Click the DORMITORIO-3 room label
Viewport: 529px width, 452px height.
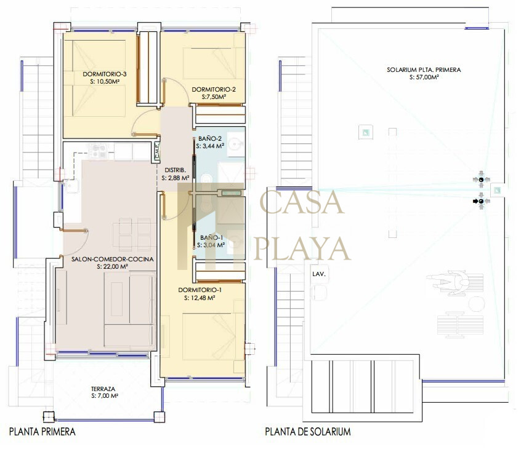tap(105, 74)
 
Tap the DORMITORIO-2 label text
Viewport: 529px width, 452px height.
tap(214, 89)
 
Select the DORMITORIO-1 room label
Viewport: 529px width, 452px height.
tap(200, 290)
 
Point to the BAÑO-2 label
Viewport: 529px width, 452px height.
tap(210, 138)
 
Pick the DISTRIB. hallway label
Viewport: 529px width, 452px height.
tap(175, 170)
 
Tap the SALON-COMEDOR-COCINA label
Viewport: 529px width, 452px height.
tap(112, 259)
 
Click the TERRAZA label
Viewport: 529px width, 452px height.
tap(103, 389)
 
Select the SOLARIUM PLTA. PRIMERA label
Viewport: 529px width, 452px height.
tap(424, 69)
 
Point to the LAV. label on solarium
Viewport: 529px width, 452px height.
tap(319, 274)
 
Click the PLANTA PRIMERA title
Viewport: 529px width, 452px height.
tap(42, 432)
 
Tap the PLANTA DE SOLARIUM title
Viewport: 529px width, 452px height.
tap(308, 432)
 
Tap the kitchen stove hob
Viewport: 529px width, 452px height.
tap(98, 151)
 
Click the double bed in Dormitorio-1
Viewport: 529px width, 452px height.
tap(209, 337)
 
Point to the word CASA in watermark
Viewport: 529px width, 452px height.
tap(302, 202)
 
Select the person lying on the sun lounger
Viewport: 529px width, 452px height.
tap(448, 282)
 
